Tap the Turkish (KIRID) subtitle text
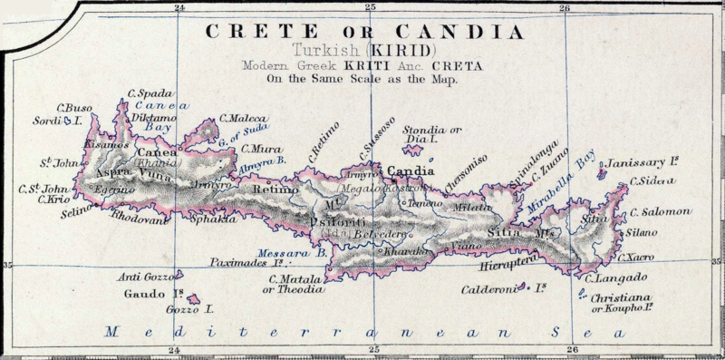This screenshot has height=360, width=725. [367, 51]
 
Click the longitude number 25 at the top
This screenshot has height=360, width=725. [370, 8]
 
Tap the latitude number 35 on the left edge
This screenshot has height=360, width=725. [7, 265]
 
